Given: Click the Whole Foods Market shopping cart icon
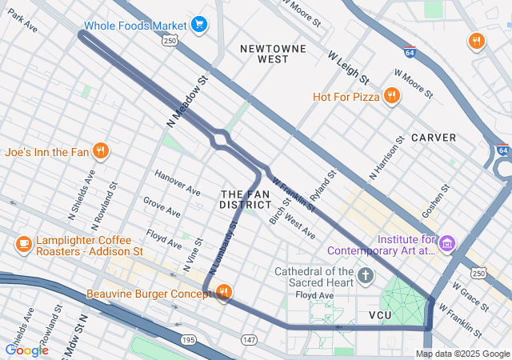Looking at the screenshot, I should [200, 26].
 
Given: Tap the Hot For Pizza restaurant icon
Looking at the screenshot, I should [391, 97].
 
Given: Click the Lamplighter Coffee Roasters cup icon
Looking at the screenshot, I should [23, 244].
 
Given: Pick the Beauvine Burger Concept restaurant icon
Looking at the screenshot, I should [224, 294].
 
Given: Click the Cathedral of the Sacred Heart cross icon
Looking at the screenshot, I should [366, 277].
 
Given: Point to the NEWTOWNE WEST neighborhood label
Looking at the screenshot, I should [274, 54].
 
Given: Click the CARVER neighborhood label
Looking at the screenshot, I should [434, 138].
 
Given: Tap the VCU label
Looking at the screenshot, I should [381, 315].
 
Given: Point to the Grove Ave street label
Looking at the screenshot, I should [162, 206].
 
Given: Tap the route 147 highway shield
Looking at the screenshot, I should [249, 340].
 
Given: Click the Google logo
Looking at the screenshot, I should [26, 350].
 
